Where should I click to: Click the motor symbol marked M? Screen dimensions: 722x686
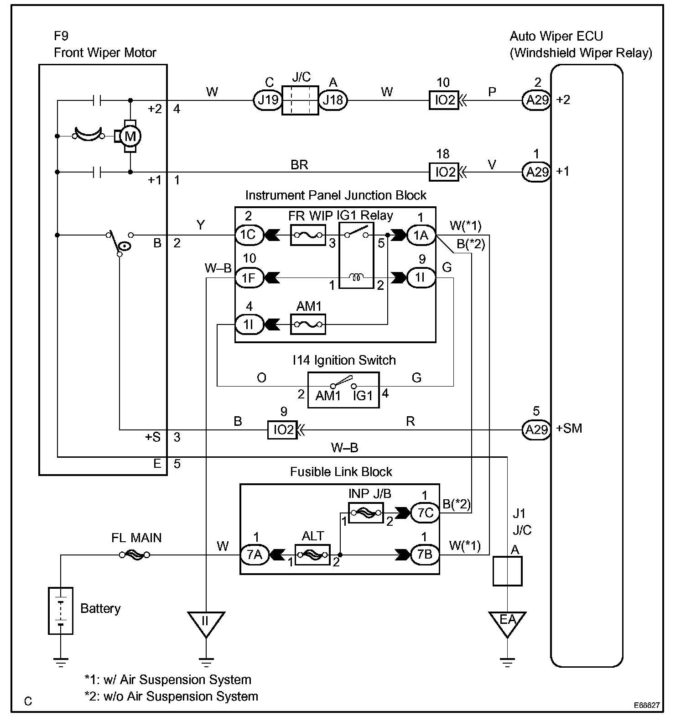pyautogui.click(x=130, y=136)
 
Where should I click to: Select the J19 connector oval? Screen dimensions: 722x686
pyautogui.click(x=267, y=99)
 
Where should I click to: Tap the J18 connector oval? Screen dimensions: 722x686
pyautogui.click(x=333, y=99)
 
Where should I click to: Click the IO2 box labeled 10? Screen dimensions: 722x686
pyautogui.click(x=444, y=99)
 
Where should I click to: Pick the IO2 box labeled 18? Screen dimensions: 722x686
pyautogui.click(x=444, y=172)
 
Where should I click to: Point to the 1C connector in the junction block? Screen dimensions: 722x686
pyautogui.click(x=249, y=235)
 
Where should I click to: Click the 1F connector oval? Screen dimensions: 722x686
pyautogui.click(x=249, y=277)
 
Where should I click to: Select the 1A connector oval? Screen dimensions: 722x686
pyautogui.click(x=421, y=235)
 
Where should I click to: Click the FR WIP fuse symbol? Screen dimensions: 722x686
pyautogui.click(x=308, y=235)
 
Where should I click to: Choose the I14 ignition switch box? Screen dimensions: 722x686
pyautogui.click(x=343, y=390)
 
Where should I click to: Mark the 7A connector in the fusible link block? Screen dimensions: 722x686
pyautogui.click(x=255, y=555)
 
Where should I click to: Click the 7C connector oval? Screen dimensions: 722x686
pyautogui.click(x=425, y=513)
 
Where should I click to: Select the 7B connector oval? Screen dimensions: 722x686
pyautogui.click(x=425, y=555)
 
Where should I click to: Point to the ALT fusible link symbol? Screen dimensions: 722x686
pyautogui.click(x=312, y=555)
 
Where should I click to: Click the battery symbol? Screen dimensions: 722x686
pyautogui.click(x=61, y=611)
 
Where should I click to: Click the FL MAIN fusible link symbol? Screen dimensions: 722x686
pyautogui.click(x=135, y=555)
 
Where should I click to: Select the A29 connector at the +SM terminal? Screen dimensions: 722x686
pyautogui.click(x=536, y=429)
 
